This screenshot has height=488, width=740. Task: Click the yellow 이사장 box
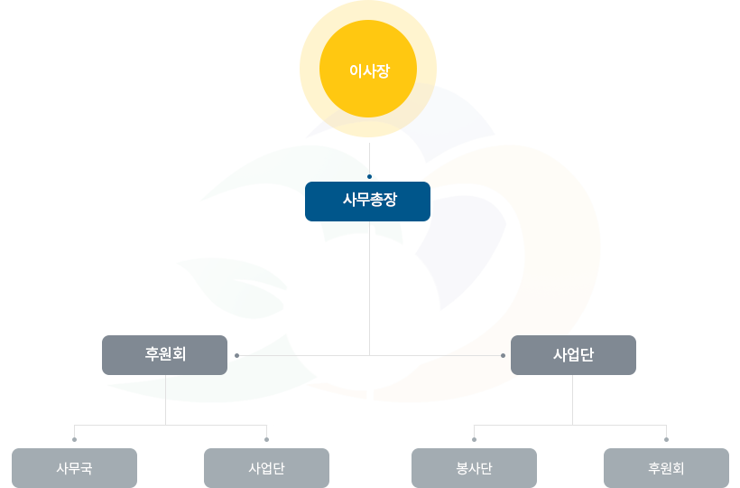click(x=368, y=54)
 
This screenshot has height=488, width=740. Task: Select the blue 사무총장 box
click(x=367, y=202)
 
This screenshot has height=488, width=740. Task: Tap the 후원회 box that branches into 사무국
click(x=164, y=355)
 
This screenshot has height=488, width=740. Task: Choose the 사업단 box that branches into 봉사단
click(x=573, y=355)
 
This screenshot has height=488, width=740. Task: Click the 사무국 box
click(x=74, y=468)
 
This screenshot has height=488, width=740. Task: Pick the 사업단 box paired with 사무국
click(x=266, y=468)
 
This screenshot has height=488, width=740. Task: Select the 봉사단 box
click(x=474, y=468)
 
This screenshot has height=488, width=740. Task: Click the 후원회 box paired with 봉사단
click(x=666, y=468)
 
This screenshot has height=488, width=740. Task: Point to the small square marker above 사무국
click(x=74, y=440)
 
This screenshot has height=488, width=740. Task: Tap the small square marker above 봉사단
click(x=474, y=440)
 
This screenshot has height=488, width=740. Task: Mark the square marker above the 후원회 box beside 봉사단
click(x=666, y=440)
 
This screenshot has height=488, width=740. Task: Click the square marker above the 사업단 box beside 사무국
click(x=266, y=440)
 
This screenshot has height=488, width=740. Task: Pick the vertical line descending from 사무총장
click(x=370, y=289)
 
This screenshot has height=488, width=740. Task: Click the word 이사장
click(x=368, y=70)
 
